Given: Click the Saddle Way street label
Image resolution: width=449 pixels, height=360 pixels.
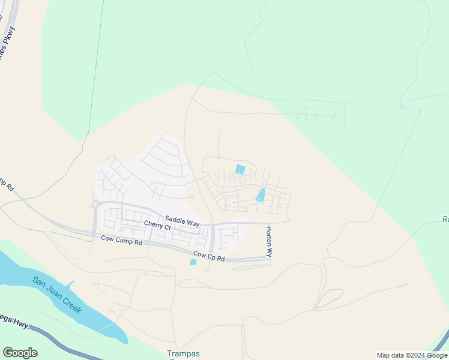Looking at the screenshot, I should (x=182, y=222).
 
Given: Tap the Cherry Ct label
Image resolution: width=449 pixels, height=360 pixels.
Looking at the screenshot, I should (x=157, y=226).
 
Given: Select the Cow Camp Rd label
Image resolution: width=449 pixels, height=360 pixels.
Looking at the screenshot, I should (x=121, y=242).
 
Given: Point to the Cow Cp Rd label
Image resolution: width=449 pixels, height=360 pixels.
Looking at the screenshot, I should (x=208, y=258).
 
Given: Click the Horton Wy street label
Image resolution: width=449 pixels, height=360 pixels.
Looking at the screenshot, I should (x=270, y=241).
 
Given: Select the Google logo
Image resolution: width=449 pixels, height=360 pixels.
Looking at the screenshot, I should (x=20, y=353).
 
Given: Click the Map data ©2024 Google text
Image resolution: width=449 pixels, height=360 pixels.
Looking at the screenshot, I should (x=411, y=355).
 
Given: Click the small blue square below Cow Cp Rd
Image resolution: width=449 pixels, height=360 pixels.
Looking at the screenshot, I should (x=193, y=262).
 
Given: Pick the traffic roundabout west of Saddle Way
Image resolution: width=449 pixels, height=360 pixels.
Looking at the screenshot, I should (x=95, y=204).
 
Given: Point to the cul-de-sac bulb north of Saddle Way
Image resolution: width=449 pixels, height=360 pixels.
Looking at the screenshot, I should (x=191, y=197).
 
